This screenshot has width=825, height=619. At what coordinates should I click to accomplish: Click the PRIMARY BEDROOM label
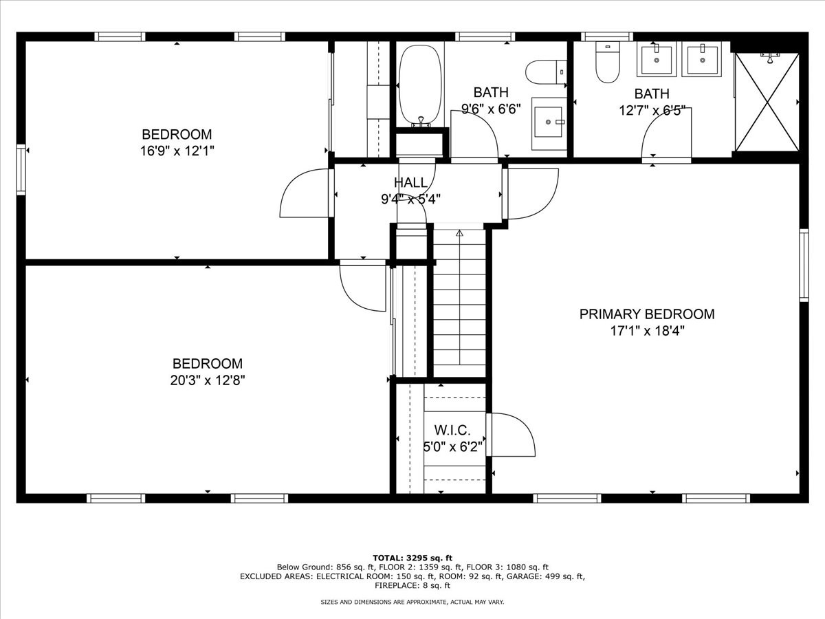tap(647, 314)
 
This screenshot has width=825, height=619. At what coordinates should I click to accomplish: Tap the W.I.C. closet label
tap(452, 430)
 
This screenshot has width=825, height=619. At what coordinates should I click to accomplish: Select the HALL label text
tap(411, 182)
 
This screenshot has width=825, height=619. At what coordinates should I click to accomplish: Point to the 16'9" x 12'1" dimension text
tap(177, 151)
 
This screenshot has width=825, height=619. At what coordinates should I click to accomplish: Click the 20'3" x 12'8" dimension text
tap(208, 380)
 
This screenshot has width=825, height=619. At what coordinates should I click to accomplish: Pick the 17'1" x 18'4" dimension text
tap(647, 331)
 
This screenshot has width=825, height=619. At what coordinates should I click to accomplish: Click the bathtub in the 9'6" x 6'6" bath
tap(420, 86)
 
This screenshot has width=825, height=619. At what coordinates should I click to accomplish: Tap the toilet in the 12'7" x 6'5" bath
tap(607, 63)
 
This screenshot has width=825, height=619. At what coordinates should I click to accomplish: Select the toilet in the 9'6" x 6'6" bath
tap(546, 72)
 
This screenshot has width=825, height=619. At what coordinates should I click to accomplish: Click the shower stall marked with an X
tap(767, 102)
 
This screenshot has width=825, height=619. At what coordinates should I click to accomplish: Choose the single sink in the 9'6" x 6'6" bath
tap(549, 124)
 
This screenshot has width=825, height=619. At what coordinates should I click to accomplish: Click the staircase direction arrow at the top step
tap(459, 233)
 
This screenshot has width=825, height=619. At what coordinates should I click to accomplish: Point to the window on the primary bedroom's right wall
tap(804, 265)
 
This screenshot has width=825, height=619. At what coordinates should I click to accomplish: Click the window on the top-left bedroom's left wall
tap(21, 169)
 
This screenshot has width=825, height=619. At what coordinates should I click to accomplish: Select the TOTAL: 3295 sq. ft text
tap(412, 558)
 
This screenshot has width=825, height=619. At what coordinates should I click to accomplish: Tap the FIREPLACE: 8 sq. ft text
tap(412, 585)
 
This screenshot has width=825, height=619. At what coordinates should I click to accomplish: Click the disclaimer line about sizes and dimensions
tap(412, 602)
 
